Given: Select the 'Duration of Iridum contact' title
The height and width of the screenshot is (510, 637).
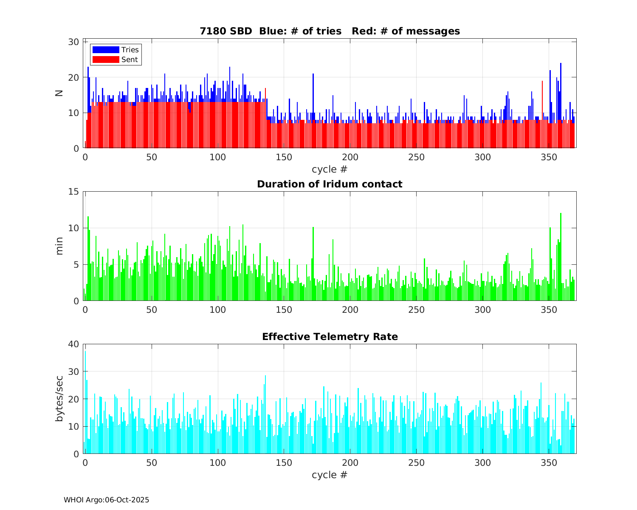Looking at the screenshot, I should [x=330, y=184].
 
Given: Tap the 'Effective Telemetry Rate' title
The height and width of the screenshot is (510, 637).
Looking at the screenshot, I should [x=330, y=337].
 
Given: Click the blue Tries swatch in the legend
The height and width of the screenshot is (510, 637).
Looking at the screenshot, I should [x=106, y=50].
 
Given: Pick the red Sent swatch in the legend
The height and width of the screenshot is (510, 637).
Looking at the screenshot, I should [x=106, y=59].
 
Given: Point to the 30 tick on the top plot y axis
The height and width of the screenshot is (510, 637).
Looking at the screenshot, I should [x=74, y=42].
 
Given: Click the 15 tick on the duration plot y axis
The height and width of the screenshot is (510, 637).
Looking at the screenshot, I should [x=74, y=192].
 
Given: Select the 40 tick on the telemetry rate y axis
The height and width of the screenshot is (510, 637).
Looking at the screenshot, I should [x=74, y=344].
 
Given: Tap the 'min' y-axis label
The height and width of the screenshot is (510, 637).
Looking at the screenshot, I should [x=59, y=246].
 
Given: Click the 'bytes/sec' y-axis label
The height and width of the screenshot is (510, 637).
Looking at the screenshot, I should [x=59, y=399].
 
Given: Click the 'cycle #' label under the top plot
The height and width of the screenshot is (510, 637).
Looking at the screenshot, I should [x=330, y=169].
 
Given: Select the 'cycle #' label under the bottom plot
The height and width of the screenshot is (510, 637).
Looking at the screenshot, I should [x=330, y=474].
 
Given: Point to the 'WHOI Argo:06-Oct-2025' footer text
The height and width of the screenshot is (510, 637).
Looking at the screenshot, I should [x=107, y=500].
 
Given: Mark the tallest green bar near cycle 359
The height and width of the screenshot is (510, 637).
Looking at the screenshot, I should [x=561, y=257].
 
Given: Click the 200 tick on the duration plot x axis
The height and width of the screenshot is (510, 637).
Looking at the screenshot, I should [x=350, y=309].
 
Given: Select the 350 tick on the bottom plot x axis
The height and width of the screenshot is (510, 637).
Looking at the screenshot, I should [x=549, y=462].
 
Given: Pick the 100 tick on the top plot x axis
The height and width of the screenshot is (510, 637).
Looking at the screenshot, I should [x=217, y=157].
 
